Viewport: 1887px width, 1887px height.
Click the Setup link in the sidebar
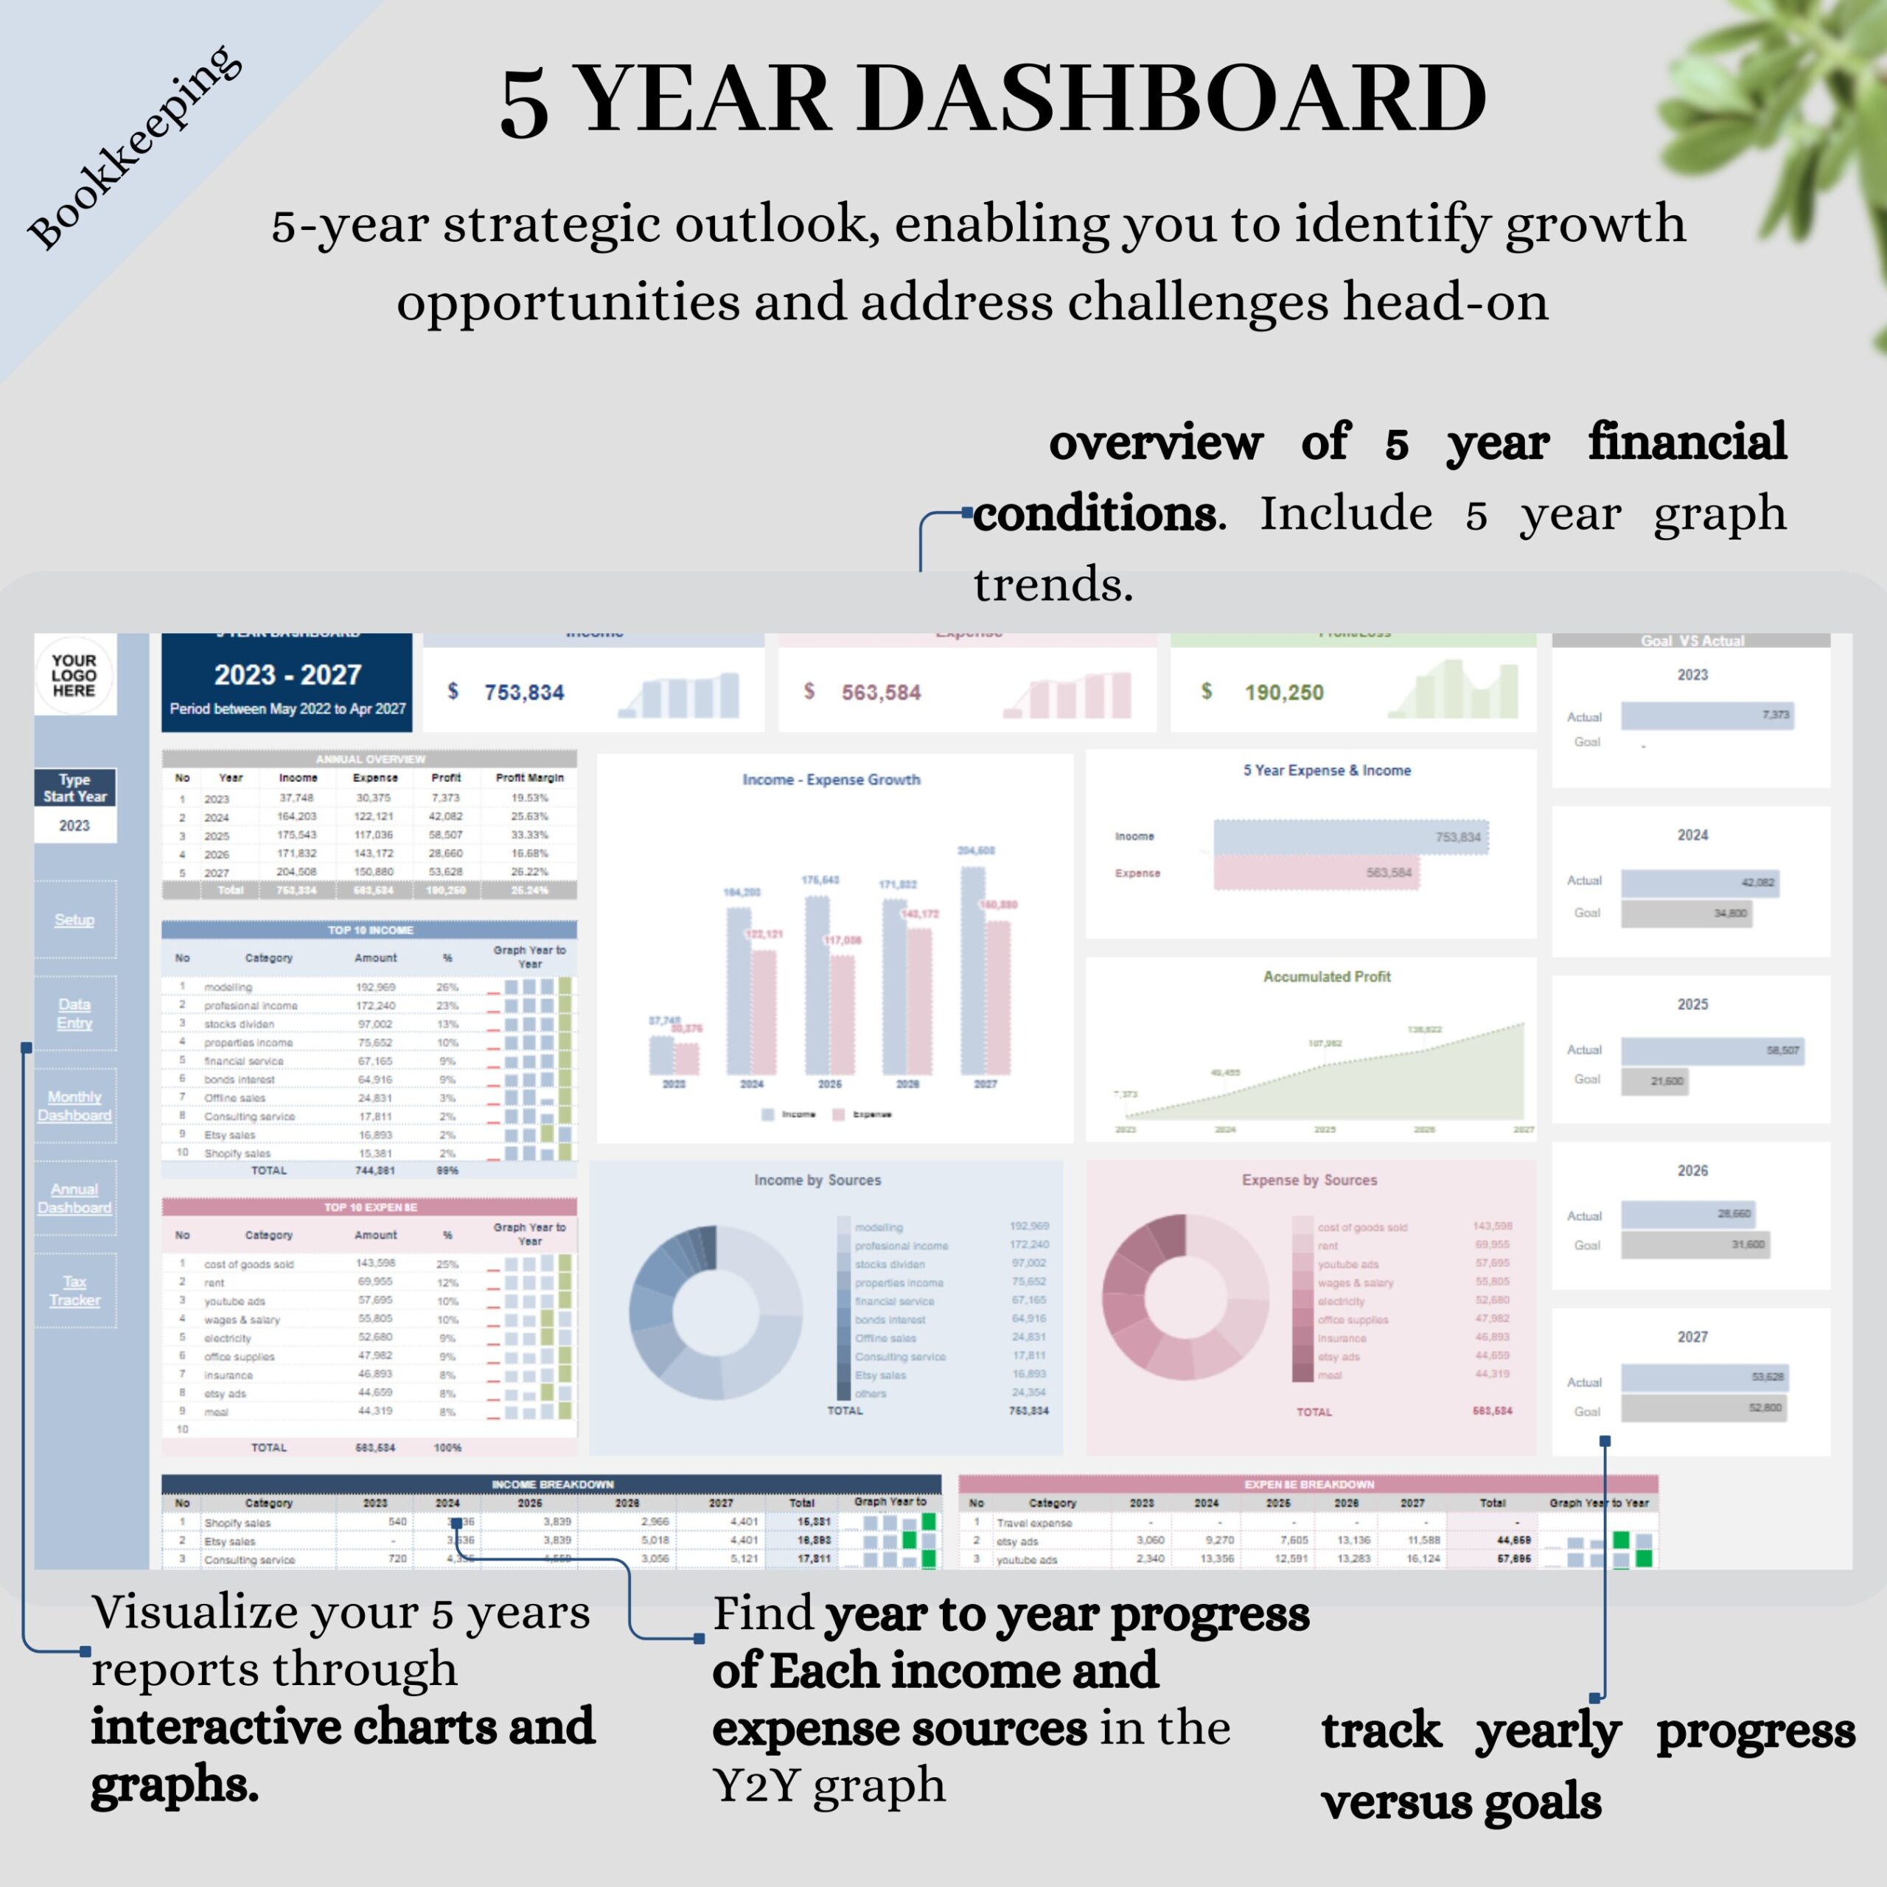pos(74,920)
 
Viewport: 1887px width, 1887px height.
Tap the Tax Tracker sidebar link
pos(74,1290)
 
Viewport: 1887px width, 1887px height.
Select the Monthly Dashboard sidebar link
pos(74,1106)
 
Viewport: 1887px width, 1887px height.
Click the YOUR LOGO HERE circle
pos(74,675)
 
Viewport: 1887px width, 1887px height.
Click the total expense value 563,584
pos(881,692)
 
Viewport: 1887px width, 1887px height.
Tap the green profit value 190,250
pos(1283,692)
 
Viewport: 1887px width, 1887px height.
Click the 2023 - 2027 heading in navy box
pos(287,675)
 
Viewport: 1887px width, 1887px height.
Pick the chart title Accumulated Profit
pos(1326,977)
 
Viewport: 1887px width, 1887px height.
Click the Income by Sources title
pos(817,1180)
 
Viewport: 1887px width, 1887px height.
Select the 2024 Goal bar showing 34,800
pos(1686,913)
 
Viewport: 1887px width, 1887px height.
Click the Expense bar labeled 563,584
pos(1315,872)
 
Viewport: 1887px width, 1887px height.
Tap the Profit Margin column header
pos(529,778)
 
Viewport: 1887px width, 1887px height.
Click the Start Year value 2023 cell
pos(74,826)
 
